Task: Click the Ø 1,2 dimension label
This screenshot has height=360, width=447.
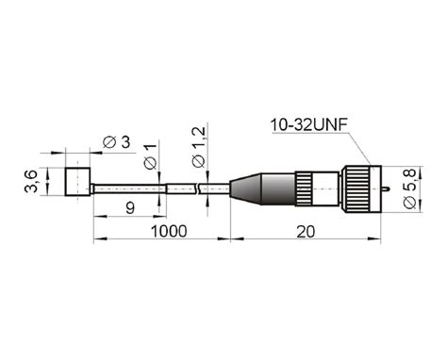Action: (198, 147)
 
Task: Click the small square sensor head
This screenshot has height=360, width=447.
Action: (77, 180)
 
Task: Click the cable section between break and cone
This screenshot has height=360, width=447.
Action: (214, 188)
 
